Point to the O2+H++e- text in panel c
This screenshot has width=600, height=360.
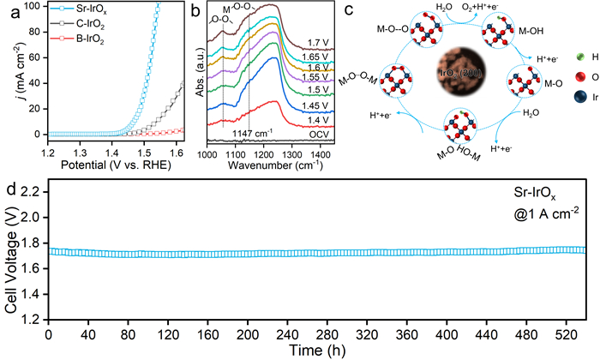tap(488, 8)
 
